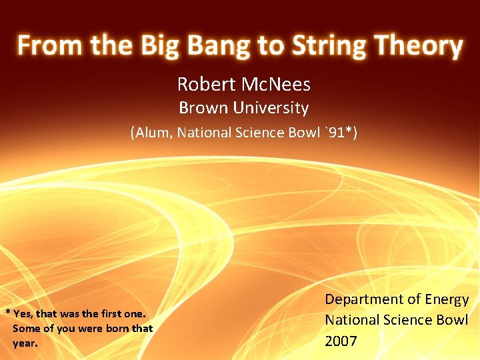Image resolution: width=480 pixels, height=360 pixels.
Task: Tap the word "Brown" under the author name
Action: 203,108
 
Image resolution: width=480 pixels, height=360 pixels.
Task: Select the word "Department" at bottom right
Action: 364,300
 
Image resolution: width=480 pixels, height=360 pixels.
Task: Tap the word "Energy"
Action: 446,300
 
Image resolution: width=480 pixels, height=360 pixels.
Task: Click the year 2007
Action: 341,341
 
